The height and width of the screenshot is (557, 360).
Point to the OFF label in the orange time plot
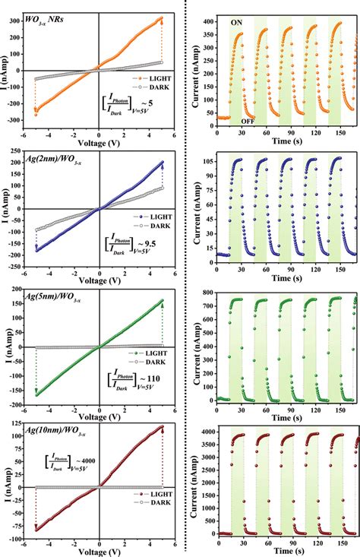point(248,121)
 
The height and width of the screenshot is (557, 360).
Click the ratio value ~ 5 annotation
point(149,101)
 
